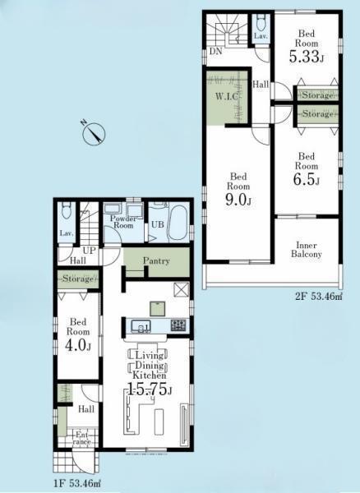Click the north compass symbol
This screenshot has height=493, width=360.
pos(94,133)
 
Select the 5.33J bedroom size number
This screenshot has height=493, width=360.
pos(307,57)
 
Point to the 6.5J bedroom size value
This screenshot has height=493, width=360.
pos(307,179)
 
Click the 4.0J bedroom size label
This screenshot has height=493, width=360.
pos(78,345)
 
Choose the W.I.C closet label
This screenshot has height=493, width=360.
pos(226,96)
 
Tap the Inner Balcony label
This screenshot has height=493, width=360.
pos(307,249)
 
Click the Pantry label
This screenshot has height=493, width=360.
pos(156,260)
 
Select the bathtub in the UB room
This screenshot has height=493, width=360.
pos(178,223)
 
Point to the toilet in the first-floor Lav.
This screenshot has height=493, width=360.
pos(67,210)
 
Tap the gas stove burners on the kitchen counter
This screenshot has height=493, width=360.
pos(178,325)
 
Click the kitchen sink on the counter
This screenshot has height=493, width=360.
pos(141,325)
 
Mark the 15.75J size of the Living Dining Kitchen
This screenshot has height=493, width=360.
pos(150,390)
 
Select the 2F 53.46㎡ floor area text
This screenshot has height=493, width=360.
pos(319,296)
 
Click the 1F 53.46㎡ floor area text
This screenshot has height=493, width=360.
pos(76,482)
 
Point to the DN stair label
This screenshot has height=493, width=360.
pos(216,51)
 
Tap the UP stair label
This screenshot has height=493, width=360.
pos(89,251)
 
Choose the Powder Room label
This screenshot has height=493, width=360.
pos(123,222)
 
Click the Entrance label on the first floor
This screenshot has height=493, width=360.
pos(83,438)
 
